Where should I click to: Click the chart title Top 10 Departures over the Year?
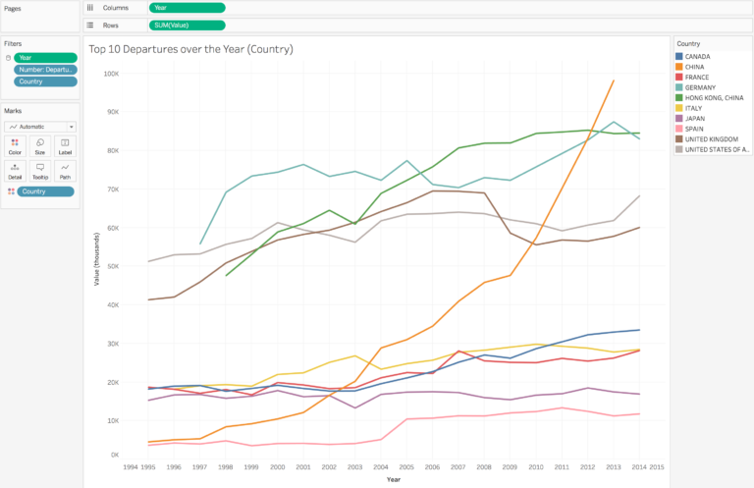tap(190, 48)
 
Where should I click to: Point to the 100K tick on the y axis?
tap(111, 74)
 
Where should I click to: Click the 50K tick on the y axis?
tap(113, 266)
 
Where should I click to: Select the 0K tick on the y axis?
tap(114, 457)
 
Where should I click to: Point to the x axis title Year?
tap(393, 479)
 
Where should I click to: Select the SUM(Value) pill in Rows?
tap(187, 25)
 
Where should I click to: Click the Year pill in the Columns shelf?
tap(187, 7)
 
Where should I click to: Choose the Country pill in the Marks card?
tap(45, 190)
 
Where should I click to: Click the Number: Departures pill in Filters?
tap(45, 69)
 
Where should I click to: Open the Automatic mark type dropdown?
tap(40, 127)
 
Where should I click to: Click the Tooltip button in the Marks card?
tap(40, 171)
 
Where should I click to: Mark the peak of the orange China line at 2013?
tap(614, 81)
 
